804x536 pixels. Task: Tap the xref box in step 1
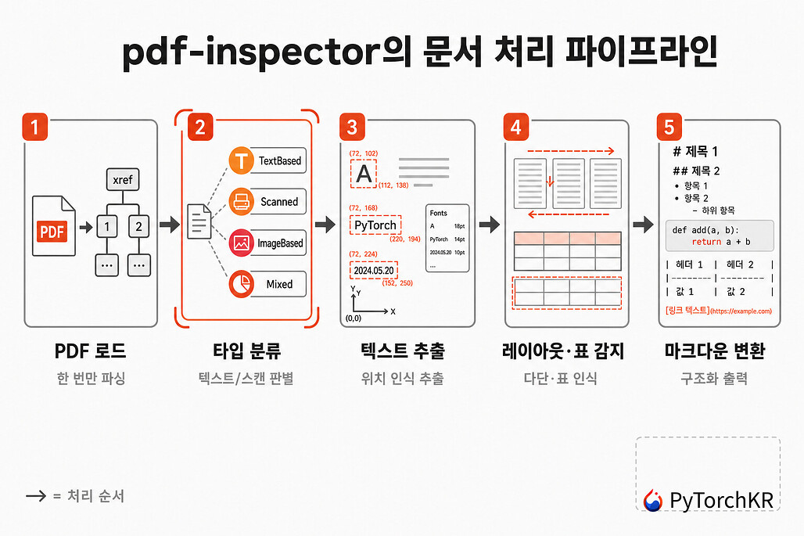123,179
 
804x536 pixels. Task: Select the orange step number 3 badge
352,127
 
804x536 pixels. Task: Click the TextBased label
279,160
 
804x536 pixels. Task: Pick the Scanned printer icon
241,201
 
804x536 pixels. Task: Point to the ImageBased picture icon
241,243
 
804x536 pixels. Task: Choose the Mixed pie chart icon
241,283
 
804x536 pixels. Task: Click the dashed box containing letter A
364,174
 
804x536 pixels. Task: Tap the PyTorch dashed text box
375,225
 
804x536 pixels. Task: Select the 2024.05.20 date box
374,270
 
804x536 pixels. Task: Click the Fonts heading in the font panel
439,213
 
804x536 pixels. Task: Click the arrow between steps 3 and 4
489,224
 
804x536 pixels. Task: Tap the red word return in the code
706,242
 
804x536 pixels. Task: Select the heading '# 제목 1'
695,151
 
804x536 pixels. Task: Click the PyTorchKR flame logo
653,501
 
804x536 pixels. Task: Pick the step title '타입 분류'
246,351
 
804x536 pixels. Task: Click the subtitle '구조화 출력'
714,379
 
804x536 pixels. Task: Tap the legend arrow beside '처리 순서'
36,495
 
